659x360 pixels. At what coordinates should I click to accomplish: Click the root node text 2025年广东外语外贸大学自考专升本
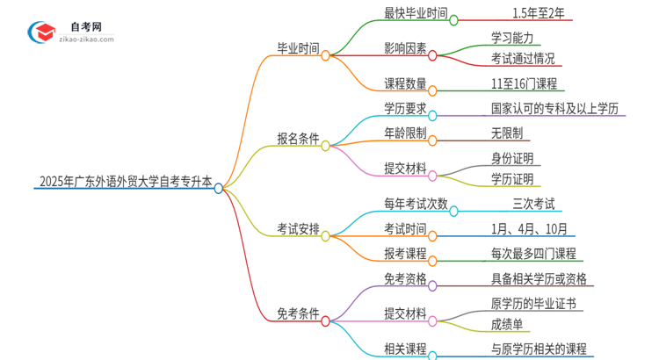(x=126, y=183)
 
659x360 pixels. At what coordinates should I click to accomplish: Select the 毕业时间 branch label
(x=298, y=49)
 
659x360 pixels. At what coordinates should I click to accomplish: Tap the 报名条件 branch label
(x=298, y=139)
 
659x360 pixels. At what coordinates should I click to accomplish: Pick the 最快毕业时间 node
(x=416, y=14)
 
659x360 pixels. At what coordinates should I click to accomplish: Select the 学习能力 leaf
(x=517, y=38)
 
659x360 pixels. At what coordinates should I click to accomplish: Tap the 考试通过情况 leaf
(x=523, y=60)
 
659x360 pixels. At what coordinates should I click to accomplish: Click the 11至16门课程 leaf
(x=524, y=84)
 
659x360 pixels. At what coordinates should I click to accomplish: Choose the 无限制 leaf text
(x=508, y=133)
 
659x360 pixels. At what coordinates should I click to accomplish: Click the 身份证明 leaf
(x=512, y=158)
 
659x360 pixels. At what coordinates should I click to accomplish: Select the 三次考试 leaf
(x=533, y=205)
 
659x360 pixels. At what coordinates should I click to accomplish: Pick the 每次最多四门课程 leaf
(x=533, y=254)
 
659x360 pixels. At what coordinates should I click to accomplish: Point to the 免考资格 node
(x=406, y=278)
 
